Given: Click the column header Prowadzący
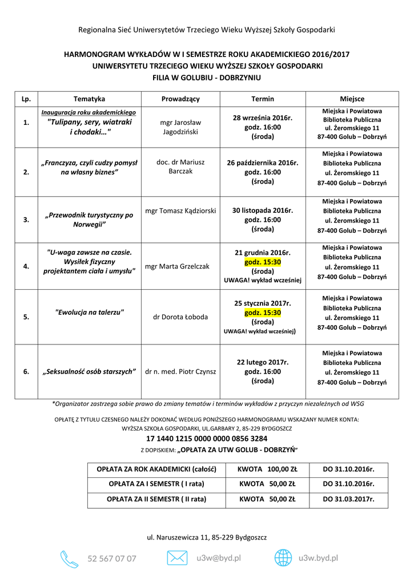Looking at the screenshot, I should (180, 99).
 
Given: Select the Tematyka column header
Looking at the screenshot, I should (89, 99).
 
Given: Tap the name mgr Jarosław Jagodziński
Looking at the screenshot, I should (180, 127).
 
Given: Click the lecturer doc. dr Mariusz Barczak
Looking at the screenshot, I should (180, 167).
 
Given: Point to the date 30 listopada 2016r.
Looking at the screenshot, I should (262, 210).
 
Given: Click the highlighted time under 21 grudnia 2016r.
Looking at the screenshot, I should (263, 262).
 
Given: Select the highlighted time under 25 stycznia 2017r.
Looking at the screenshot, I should (263, 313).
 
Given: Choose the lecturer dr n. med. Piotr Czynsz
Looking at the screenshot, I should (180, 371).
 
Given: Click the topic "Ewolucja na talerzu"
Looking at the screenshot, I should (89, 312).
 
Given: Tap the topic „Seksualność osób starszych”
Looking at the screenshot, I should (89, 371).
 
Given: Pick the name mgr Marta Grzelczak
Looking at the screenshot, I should (178, 266).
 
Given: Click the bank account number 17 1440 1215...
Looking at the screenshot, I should (207, 439).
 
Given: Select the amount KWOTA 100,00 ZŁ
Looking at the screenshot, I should (267, 469).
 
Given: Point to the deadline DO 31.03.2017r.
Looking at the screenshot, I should (348, 498).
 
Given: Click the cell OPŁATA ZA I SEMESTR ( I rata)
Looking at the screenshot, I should (156, 484).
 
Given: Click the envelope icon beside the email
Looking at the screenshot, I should (177, 558).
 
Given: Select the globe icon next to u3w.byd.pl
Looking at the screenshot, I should (283, 558).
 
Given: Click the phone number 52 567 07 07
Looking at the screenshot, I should (112, 559).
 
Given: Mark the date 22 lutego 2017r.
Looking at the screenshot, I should (263, 362).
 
